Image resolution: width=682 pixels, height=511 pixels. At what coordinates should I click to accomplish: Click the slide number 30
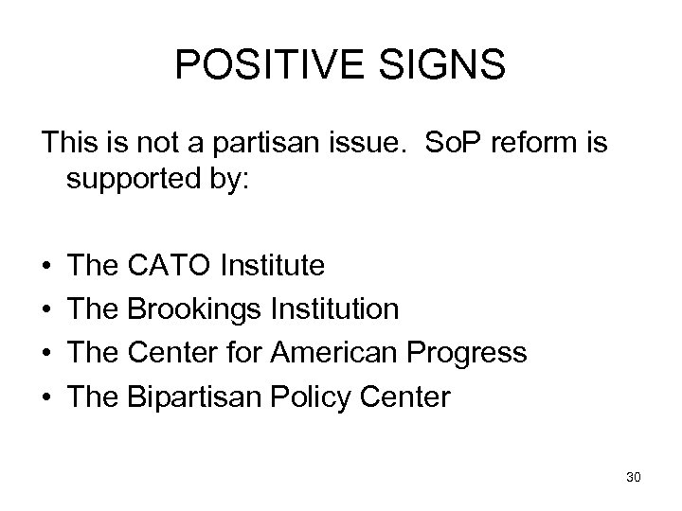pyautogui.click(x=634, y=477)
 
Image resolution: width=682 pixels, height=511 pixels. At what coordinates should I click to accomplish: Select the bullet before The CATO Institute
pyautogui.click(x=46, y=266)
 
